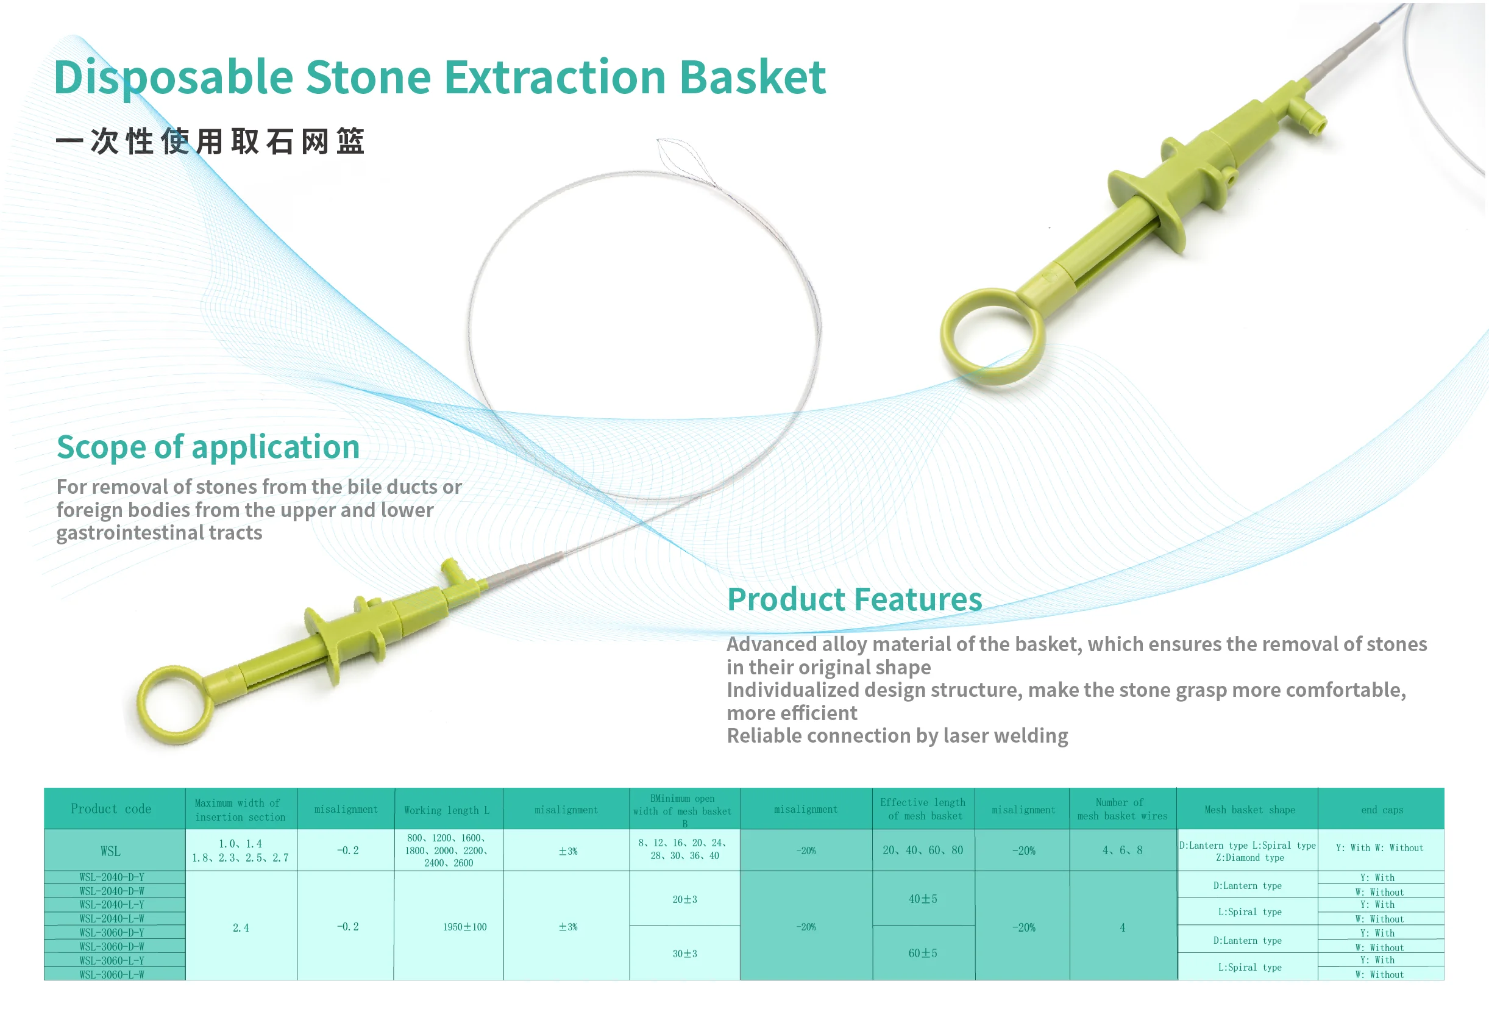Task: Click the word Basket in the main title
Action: pyautogui.click(x=752, y=77)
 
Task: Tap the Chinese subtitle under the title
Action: pyautogui.click(x=210, y=141)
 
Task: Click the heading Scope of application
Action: pyautogui.click(x=208, y=447)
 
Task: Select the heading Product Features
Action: pyautogui.click(x=854, y=600)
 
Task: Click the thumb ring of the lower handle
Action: pyautogui.click(x=174, y=705)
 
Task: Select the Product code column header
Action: pyautogui.click(x=112, y=809)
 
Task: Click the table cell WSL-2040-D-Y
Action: pyautogui.click(x=112, y=877)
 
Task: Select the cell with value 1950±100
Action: pyautogui.click(x=464, y=927)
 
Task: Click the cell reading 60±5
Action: pyautogui.click(x=923, y=954)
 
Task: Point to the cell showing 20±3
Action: pyautogui.click(x=684, y=900)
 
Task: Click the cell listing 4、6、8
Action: pyautogui.click(x=1122, y=851)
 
